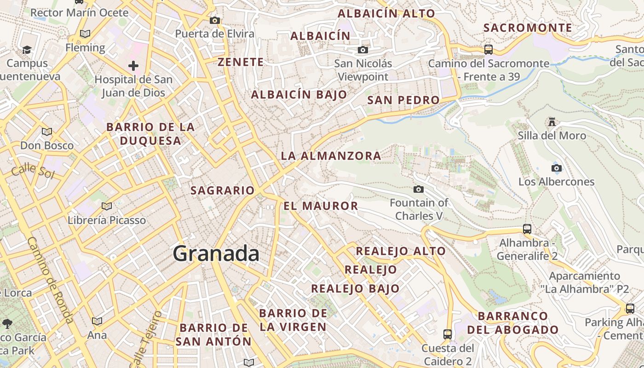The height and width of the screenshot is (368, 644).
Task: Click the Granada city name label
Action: pos(216,253)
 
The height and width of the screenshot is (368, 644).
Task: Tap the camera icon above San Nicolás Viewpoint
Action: pos(363,50)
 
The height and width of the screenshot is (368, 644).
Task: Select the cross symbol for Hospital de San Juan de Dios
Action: pos(133,66)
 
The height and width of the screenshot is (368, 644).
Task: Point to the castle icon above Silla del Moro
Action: pos(552,122)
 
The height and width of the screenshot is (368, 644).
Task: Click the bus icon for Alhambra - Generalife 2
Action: pos(527,229)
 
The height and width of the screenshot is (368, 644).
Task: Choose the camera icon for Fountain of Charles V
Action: pos(419,189)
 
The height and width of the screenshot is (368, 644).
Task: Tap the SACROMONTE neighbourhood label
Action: pos(528,28)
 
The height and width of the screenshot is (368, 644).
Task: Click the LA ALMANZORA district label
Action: pos(331,156)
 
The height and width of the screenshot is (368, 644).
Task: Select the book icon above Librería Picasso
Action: pos(107,206)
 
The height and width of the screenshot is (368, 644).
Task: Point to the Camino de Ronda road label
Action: pos(50,280)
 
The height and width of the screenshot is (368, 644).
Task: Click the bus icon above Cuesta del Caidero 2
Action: pos(448,334)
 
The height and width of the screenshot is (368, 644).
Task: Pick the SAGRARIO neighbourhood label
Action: pos(223,190)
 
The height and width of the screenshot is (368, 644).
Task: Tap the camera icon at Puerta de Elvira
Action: pos(214,20)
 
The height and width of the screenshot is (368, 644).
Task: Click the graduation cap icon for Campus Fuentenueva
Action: pos(27,50)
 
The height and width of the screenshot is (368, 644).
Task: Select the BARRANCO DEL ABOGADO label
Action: pos(513,323)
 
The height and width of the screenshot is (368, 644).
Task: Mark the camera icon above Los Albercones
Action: pos(556,168)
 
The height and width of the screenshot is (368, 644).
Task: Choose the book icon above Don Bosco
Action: pos(47,132)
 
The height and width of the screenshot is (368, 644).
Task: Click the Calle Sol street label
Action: pos(33,170)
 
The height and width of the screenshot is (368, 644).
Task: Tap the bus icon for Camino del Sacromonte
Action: pos(489,49)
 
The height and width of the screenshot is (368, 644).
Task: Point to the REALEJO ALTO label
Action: pos(401,251)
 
